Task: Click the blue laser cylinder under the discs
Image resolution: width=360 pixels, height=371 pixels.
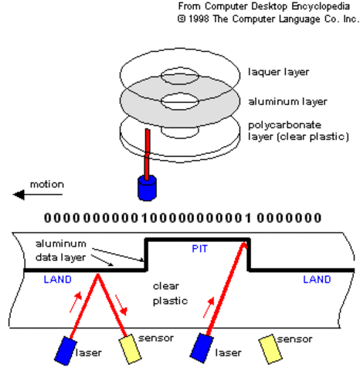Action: pyautogui.click(x=146, y=188)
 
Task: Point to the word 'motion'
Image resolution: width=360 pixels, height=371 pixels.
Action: pyautogui.click(x=46, y=184)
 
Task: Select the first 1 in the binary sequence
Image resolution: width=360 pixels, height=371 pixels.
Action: pyautogui.click(x=147, y=217)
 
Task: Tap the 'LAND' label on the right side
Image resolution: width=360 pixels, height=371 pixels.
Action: pyautogui.click(x=318, y=279)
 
